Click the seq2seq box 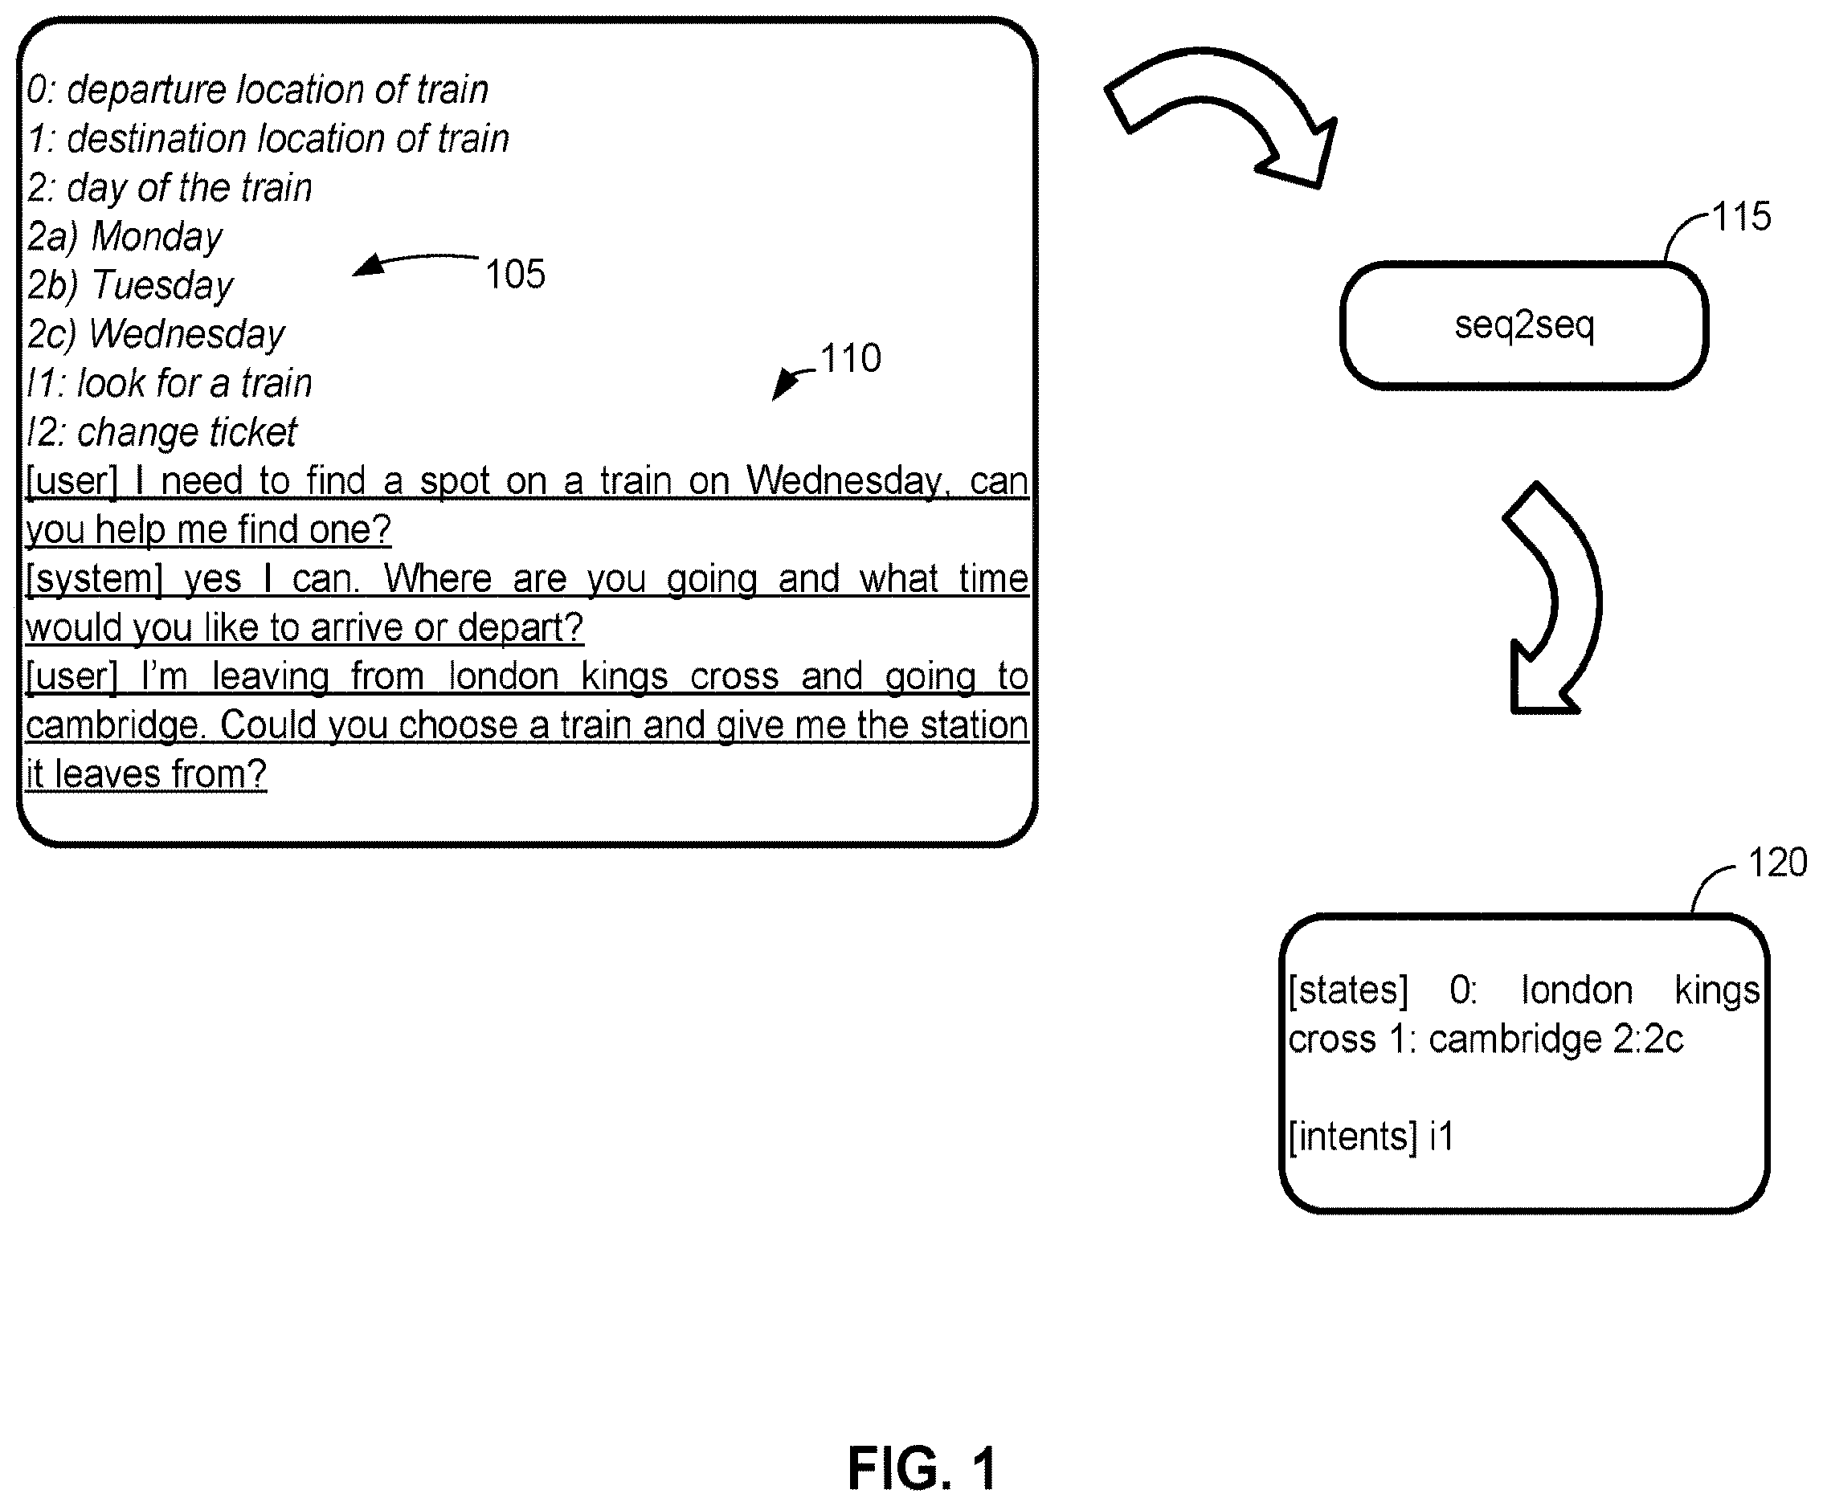coord(1523,325)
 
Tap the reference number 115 coord(1740,216)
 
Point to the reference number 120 coord(1778,863)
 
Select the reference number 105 coord(515,274)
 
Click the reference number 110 coord(850,358)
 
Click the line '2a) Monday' coord(125,237)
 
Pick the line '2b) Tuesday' coord(130,285)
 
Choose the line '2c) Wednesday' coord(156,335)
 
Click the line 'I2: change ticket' coord(162,432)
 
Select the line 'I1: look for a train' coord(170,383)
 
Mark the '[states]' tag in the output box coord(1348,990)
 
